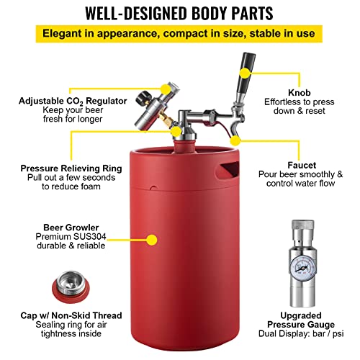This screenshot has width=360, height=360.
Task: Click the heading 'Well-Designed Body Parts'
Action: click(179, 13)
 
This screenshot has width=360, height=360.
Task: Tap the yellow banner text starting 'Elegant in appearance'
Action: click(179, 33)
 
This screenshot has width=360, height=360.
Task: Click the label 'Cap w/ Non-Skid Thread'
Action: click(60, 315)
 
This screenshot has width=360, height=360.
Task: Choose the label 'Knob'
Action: click(310, 93)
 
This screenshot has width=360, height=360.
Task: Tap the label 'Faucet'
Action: click(312, 163)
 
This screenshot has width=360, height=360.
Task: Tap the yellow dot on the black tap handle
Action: click(245, 73)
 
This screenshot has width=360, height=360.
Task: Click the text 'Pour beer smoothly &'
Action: click(312, 174)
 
